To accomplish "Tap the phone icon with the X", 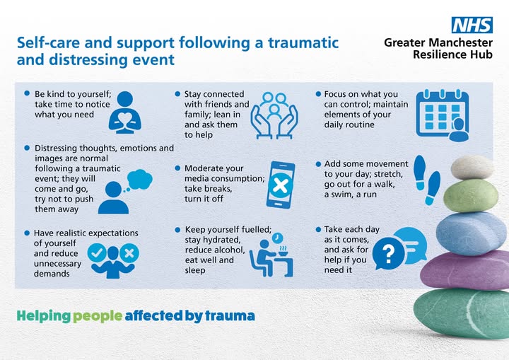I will point(281,185).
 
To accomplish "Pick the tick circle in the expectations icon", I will point(98,252).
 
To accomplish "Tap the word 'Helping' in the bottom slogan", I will point(44,315).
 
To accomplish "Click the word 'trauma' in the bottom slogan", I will point(230,315).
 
